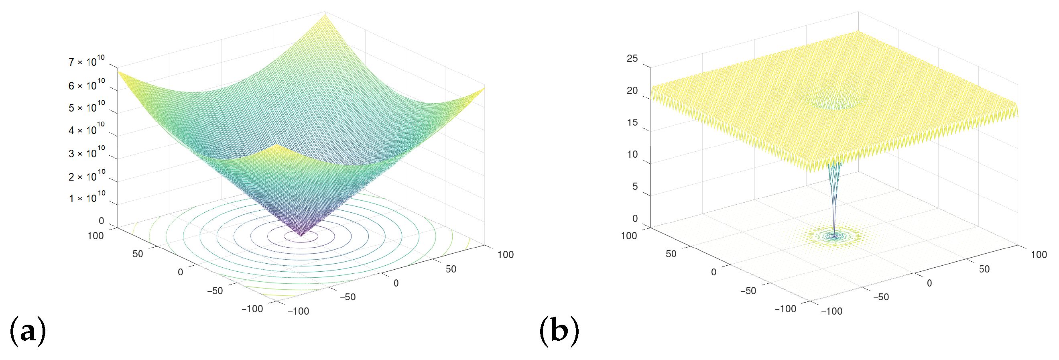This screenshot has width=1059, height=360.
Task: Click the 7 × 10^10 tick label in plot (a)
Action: coord(86,62)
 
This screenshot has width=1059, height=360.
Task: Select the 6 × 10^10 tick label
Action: coord(86,85)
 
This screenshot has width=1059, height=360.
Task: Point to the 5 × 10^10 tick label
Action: coord(86,107)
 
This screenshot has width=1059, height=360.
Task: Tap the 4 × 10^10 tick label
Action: coord(86,130)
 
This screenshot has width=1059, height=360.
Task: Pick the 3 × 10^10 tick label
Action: coord(86,153)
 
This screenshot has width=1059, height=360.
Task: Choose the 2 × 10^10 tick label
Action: coord(86,176)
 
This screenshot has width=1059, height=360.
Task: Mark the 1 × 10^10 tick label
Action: coord(86,198)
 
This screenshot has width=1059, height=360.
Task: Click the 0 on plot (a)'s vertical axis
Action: coord(101,221)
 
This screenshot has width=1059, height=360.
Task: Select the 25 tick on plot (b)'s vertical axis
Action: coord(632,58)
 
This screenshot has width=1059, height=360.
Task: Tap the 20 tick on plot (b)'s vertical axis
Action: coord(632,90)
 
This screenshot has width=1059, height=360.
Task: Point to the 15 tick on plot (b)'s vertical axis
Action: coord(632,122)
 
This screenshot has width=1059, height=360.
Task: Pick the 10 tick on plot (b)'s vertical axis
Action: coord(632,155)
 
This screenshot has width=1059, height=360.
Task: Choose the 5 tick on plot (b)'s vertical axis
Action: coord(635,187)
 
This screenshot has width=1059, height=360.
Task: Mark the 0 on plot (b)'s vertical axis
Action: coord(635,219)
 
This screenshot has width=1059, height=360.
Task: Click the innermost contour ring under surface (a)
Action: coord(301,237)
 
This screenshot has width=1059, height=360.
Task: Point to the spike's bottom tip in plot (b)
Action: coord(834,236)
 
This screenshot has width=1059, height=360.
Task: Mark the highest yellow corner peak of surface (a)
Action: coord(325,15)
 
